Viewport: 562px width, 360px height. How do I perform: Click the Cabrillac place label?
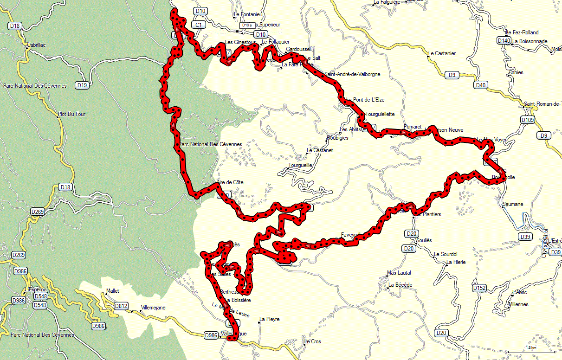click(x=37, y=45)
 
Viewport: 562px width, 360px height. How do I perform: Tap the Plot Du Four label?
click(x=72, y=114)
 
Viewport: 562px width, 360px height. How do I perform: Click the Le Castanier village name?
click(x=442, y=53)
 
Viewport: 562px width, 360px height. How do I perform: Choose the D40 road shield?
click(x=481, y=85)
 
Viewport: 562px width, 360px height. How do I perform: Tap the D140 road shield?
click(x=504, y=41)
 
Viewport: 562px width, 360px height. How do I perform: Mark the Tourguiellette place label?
click(x=380, y=114)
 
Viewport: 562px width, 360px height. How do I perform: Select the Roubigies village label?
click(x=337, y=138)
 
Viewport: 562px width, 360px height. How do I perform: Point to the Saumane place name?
click(x=513, y=204)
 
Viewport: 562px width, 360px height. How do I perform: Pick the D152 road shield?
click(x=479, y=288)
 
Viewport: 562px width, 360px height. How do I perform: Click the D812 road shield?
click(x=121, y=306)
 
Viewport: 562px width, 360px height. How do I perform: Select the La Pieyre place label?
click(x=270, y=319)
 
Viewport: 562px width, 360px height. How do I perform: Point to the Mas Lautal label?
click(x=399, y=273)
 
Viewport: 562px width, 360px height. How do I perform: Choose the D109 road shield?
click(x=528, y=120)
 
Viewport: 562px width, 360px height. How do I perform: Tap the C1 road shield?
click(x=199, y=24)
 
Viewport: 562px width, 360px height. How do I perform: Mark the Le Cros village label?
click(x=312, y=341)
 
